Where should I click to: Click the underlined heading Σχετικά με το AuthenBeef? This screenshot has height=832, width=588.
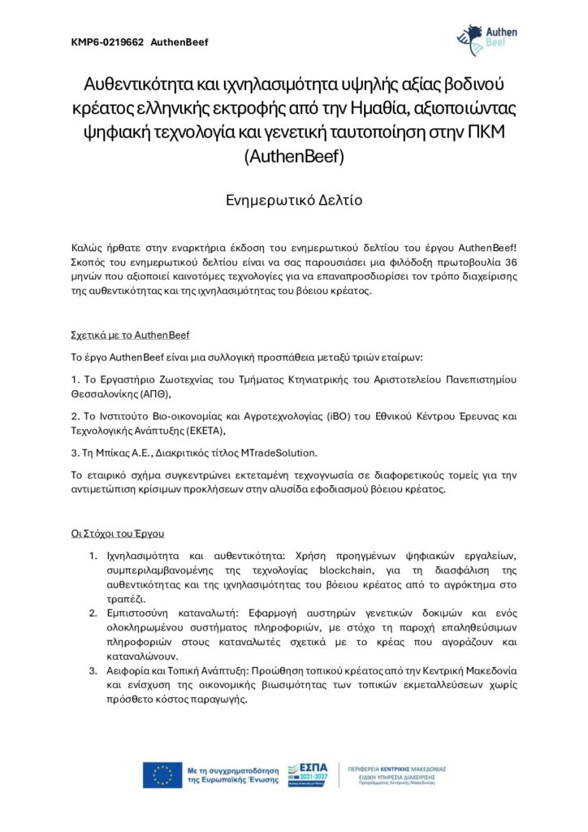click(x=131, y=335)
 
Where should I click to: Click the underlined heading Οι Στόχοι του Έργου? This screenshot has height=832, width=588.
click(x=119, y=533)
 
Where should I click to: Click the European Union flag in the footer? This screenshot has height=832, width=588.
click(x=162, y=775)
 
